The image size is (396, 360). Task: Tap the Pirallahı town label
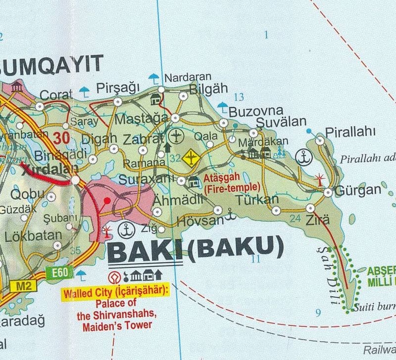coord(350,132)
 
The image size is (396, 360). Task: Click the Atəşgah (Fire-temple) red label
coord(231,182)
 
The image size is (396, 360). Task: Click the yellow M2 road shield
coord(17,286)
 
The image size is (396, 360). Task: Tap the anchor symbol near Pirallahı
coord(302,157)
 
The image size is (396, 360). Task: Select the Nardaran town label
coord(188,77)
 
